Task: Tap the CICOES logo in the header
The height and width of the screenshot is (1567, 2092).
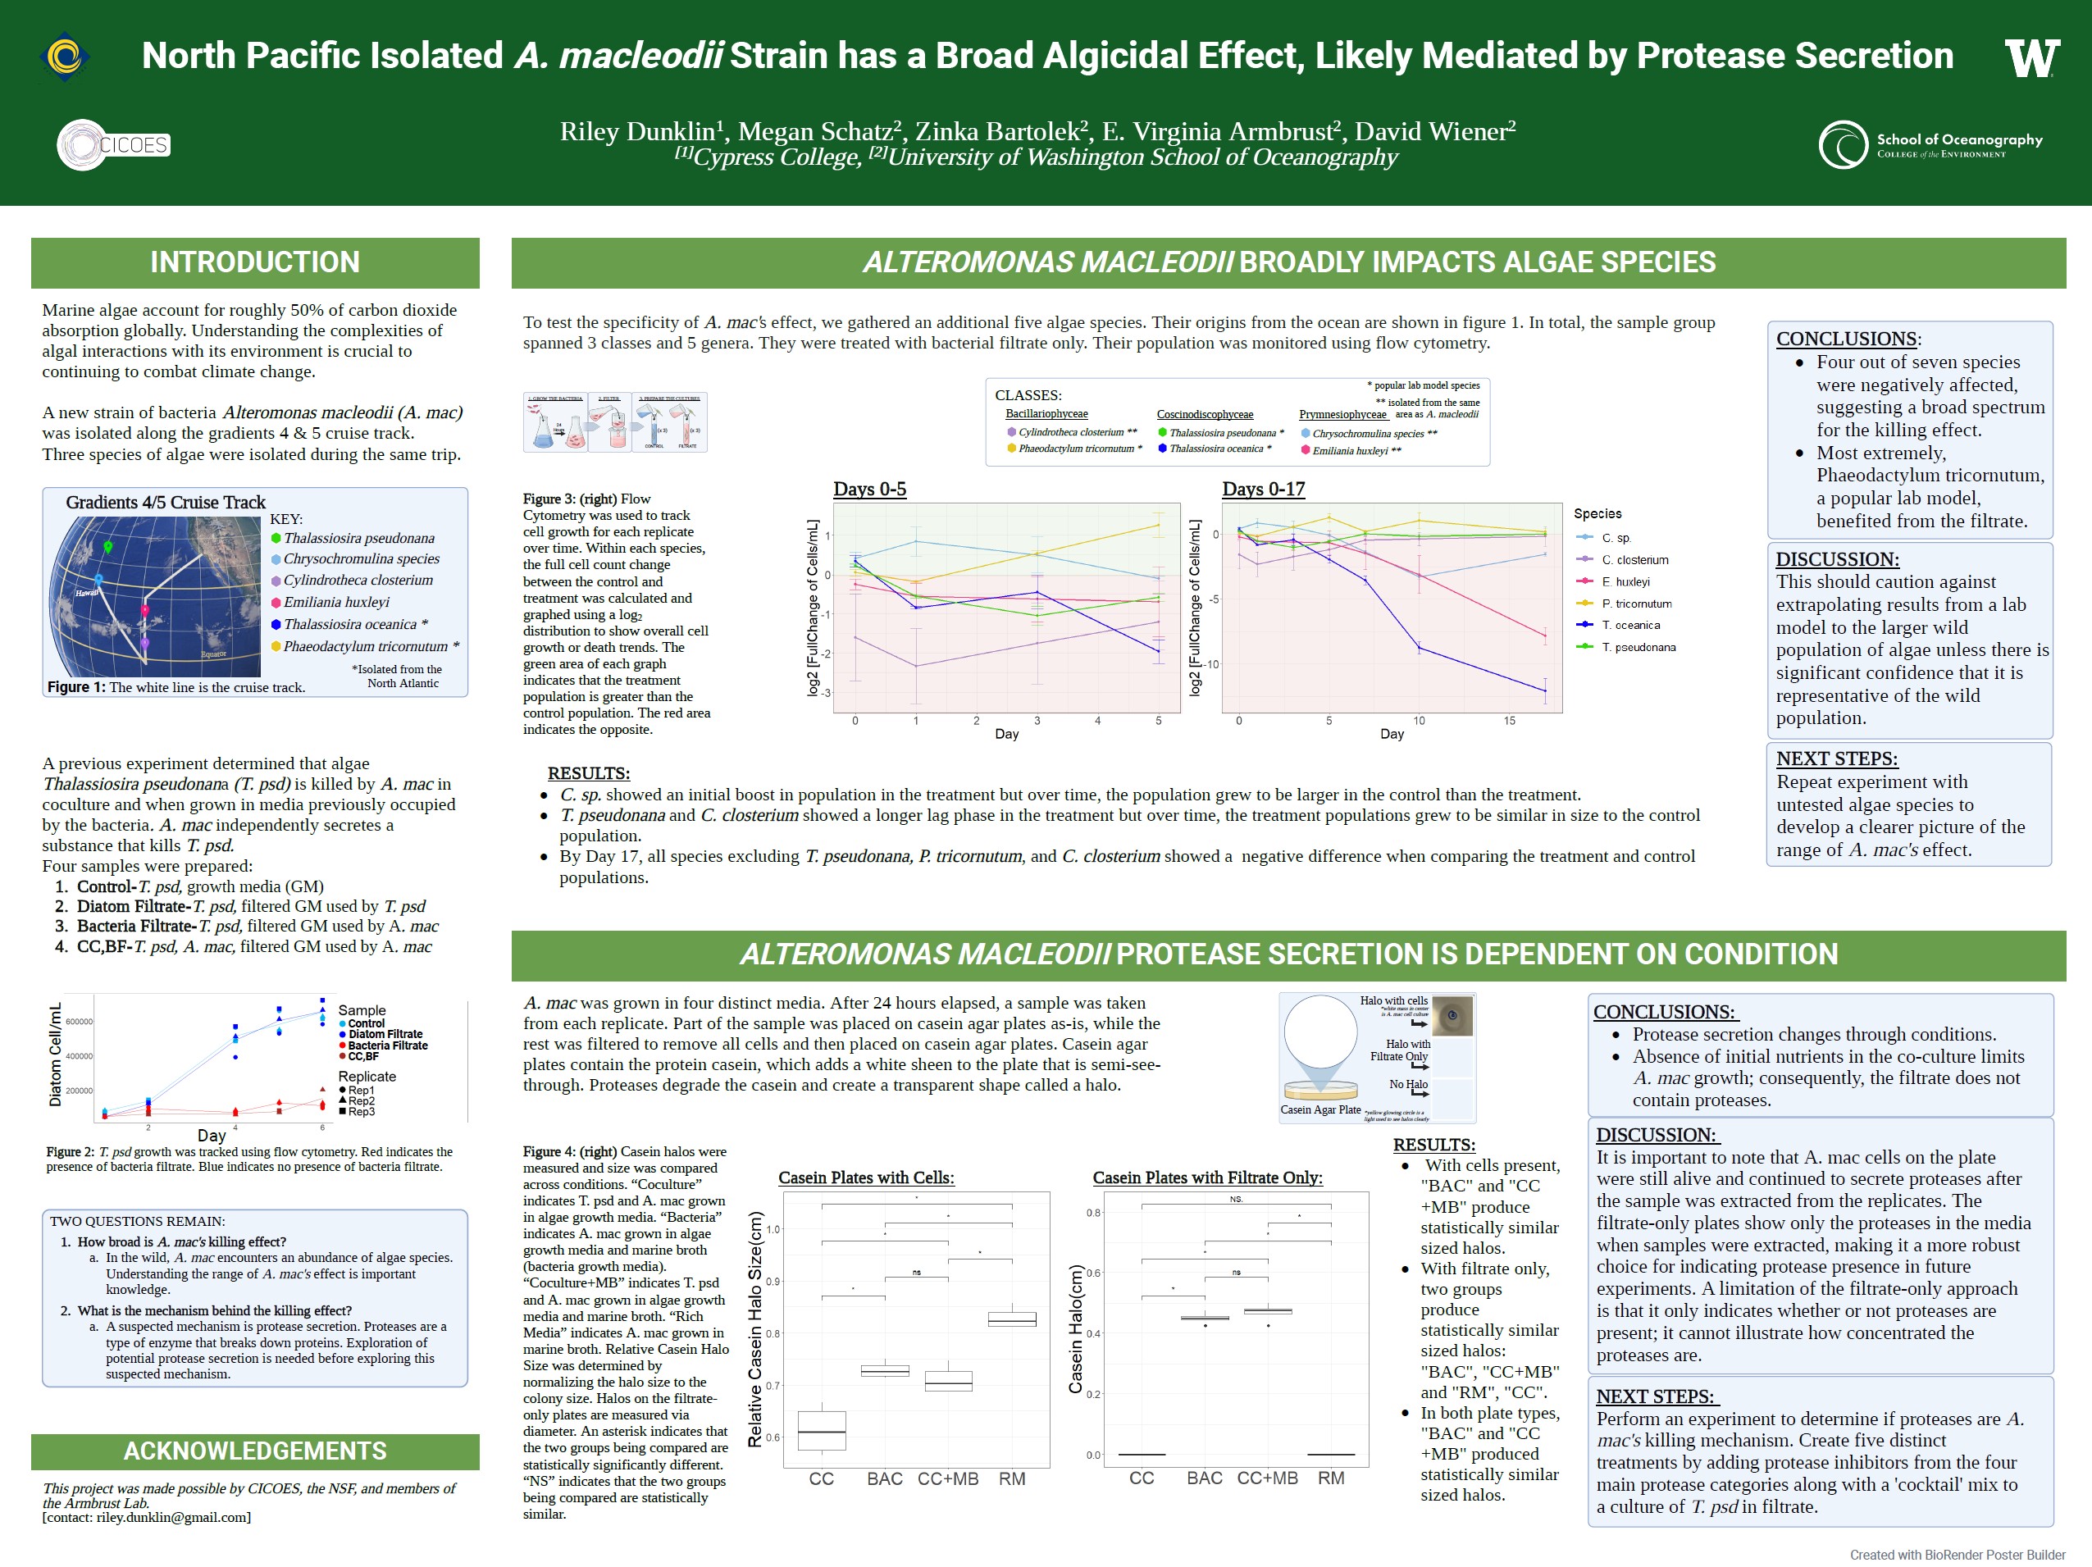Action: [x=113, y=144]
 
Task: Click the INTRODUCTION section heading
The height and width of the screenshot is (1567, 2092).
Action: [x=254, y=262]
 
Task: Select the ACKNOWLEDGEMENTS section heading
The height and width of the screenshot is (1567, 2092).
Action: [x=254, y=1451]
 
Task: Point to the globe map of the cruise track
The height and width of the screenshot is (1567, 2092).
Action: [x=154, y=596]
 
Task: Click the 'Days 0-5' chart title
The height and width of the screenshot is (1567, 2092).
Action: [x=869, y=489]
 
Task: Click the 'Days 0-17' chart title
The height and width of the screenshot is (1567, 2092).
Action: [x=1263, y=489]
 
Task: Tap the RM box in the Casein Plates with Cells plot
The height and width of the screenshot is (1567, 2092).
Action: [x=1012, y=1319]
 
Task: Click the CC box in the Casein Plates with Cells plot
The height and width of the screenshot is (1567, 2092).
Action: [x=822, y=1430]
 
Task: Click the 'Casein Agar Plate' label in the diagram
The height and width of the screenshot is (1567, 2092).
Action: [x=1320, y=1109]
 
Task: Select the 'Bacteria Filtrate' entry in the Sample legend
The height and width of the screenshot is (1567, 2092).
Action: [x=387, y=1045]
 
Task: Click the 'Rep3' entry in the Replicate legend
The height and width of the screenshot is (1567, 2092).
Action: [x=360, y=1112]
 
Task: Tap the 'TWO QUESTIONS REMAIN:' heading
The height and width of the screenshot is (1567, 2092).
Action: [x=137, y=1221]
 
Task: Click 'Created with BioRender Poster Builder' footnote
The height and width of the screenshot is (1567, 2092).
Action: [x=1957, y=1555]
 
